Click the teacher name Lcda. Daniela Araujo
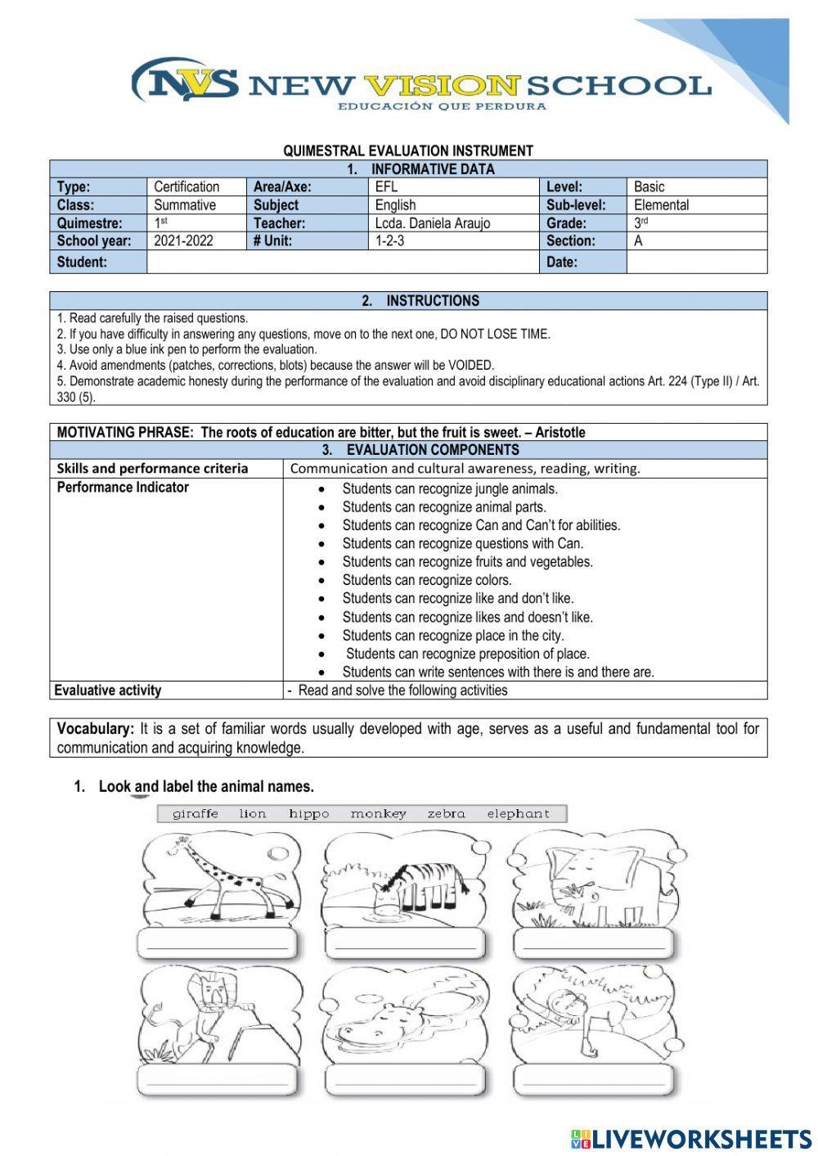(x=432, y=223)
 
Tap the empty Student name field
(x=342, y=263)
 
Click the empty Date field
(x=696, y=263)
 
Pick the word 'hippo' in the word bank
(x=308, y=814)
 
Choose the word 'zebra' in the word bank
(x=446, y=814)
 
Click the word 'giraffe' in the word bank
(x=196, y=814)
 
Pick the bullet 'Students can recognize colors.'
(x=426, y=581)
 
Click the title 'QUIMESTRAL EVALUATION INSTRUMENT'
(x=408, y=151)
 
